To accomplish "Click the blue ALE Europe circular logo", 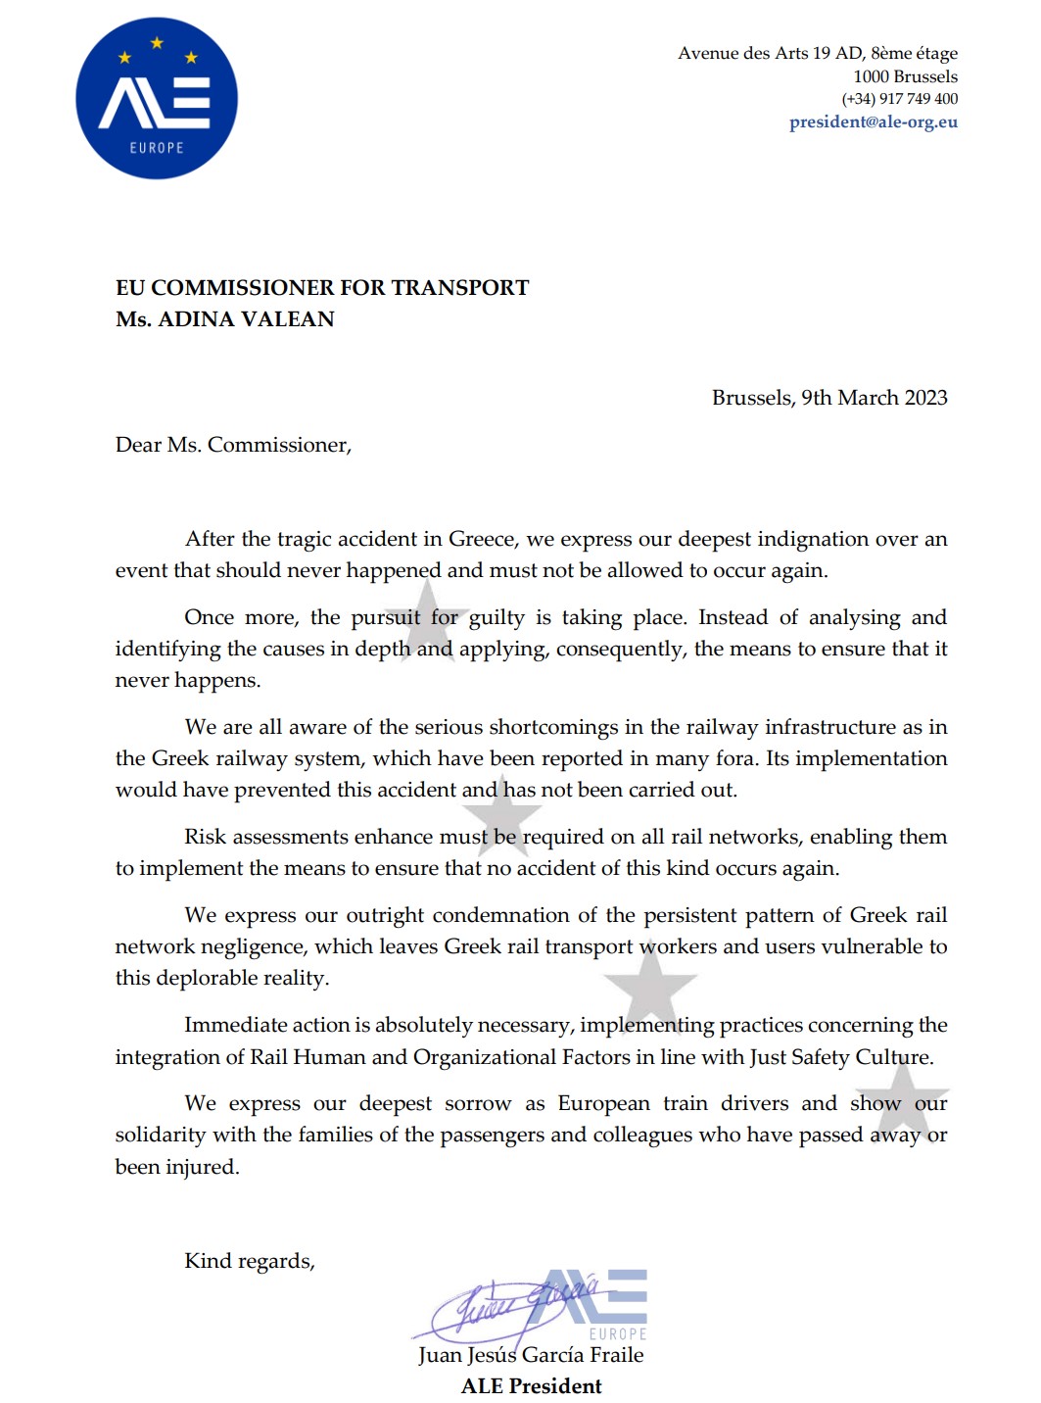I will pyautogui.click(x=157, y=99).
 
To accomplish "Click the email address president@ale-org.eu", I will pyautogui.click(x=874, y=122).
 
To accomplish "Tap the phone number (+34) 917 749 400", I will pyautogui.click(x=899, y=99).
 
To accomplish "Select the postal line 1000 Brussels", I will pyautogui.click(x=905, y=76).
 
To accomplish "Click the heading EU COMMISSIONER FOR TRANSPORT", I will pyautogui.click(x=322, y=288).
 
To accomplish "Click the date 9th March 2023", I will pyautogui.click(x=874, y=398).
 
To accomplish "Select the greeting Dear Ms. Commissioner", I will pyautogui.click(x=233, y=445).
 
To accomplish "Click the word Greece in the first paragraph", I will pyautogui.click(x=481, y=539).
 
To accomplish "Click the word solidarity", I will pyautogui.click(x=161, y=1135).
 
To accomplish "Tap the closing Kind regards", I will pyautogui.click(x=250, y=1261).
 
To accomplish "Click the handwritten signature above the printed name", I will pyautogui.click(x=509, y=1308).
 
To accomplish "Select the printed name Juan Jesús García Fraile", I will pyautogui.click(x=531, y=1355).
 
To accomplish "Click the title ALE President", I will pyautogui.click(x=532, y=1386).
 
